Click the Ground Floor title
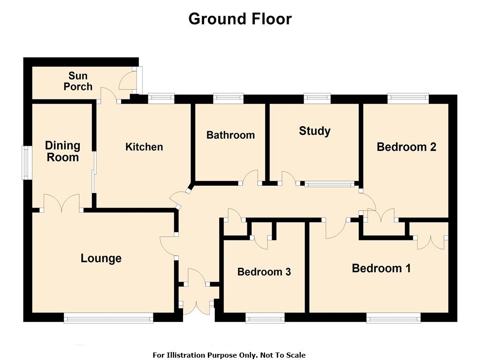[x=240, y=19]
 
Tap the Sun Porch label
[x=78, y=81]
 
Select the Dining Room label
[x=63, y=151]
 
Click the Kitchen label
[x=144, y=147]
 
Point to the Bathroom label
[x=230, y=135]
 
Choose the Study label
[x=315, y=131]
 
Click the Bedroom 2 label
[x=406, y=147]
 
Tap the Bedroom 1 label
[x=381, y=268]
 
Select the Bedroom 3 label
[x=264, y=271]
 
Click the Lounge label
[x=101, y=258]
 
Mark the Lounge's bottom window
[x=108, y=317]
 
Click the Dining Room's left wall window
[x=27, y=162]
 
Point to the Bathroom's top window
[x=229, y=98]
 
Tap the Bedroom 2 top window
[x=408, y=98]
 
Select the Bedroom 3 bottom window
[x=265, y=318]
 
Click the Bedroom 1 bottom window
[x=393, y=318]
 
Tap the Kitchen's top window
[x=161, y=98]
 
